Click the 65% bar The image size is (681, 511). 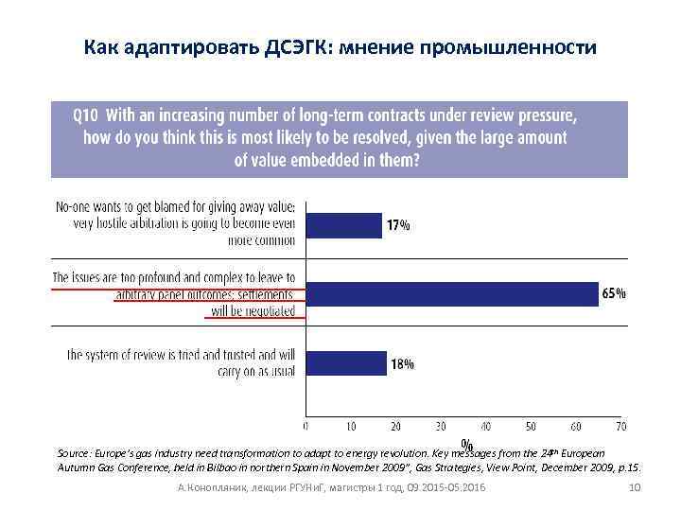pyautogui.click(x=452, y=294)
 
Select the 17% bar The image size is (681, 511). pyautogui.click(x=342, y=225)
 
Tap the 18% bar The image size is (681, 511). pyautogui.click(x=345, y=363)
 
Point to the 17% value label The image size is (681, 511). pyautogui.click(x=397, y=225)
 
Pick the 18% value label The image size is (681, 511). pyautogui.click(x=402, y=363)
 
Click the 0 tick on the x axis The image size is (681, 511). pyautogui.click(x=306, y=427)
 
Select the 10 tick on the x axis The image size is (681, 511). pyautogui.click(x=351, y=427)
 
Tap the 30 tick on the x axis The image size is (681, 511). pyautogui.click(x=441, y=427)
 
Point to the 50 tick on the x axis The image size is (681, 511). pyautogui.click(x=531, y=427)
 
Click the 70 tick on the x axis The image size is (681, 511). pyautogui.click(x=620, y=427)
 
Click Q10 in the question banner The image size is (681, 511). pyautogui.click(x=86, y=116)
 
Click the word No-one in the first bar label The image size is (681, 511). pyautogui.click(x=75, y=207)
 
